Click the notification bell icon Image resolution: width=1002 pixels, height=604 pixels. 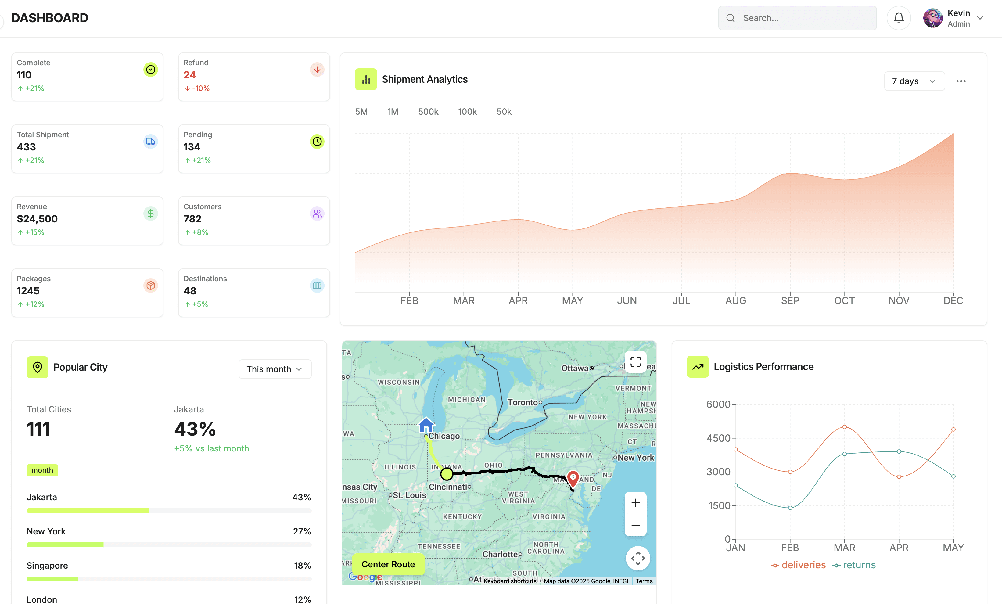(898, 18)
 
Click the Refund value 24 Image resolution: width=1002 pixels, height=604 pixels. (189, 75)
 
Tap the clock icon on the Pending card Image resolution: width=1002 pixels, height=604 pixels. (317, 142)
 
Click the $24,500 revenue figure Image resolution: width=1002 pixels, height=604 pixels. (37, 219)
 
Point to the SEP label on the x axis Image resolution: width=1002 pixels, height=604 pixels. (790, 300)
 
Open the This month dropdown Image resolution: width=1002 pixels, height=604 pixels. (275, 369)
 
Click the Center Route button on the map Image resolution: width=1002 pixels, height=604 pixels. (388, 564)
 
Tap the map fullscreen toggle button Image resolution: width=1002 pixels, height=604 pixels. (635, 361)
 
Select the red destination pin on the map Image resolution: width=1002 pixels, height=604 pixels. (573, 478)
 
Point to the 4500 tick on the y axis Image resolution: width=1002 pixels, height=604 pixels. (718, 438)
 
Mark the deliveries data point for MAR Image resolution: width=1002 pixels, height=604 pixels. (844, 427)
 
